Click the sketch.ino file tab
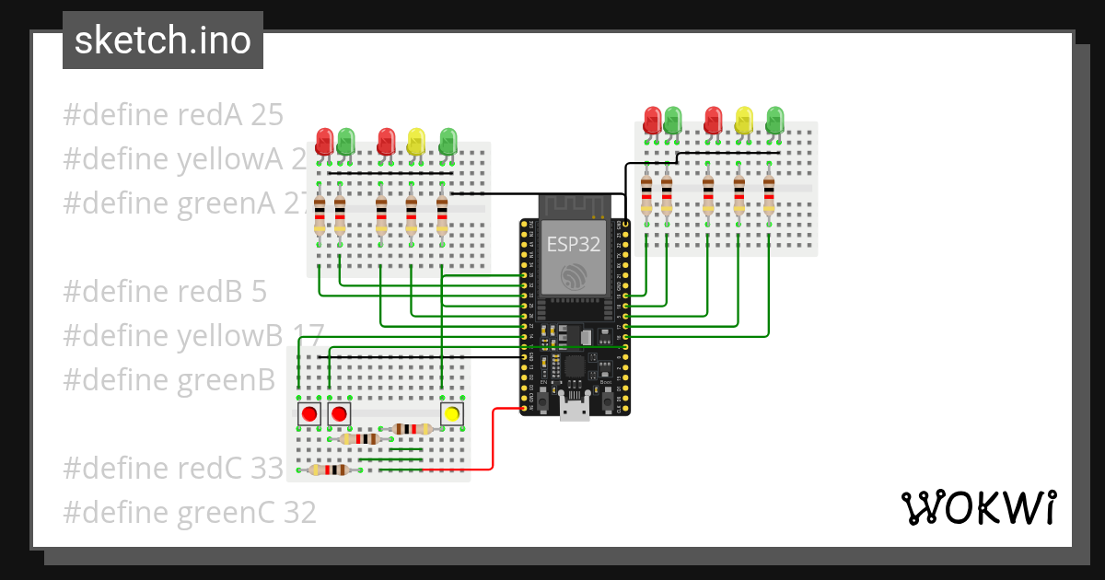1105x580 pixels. coord(162,41)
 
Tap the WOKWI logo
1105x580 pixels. coord(977,507)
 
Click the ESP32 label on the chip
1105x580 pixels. coord(575,244)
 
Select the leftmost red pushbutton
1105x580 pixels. coord(309,414)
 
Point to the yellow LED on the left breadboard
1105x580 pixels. coord(416,141)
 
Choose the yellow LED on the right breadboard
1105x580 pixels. coord(744,120)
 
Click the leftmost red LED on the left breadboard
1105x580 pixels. coord(324,141)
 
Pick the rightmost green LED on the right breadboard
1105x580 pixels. coord(775,120)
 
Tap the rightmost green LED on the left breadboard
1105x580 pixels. coord(448,141)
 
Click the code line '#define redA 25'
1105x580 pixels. coord(173,115)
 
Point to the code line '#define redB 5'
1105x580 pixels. coord(165,292)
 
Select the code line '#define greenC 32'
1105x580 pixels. coord(189,512)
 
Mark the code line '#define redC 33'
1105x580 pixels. coord(173,469)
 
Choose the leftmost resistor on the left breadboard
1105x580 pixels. coord(320,216)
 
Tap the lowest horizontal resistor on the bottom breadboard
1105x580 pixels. coord(329,470)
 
